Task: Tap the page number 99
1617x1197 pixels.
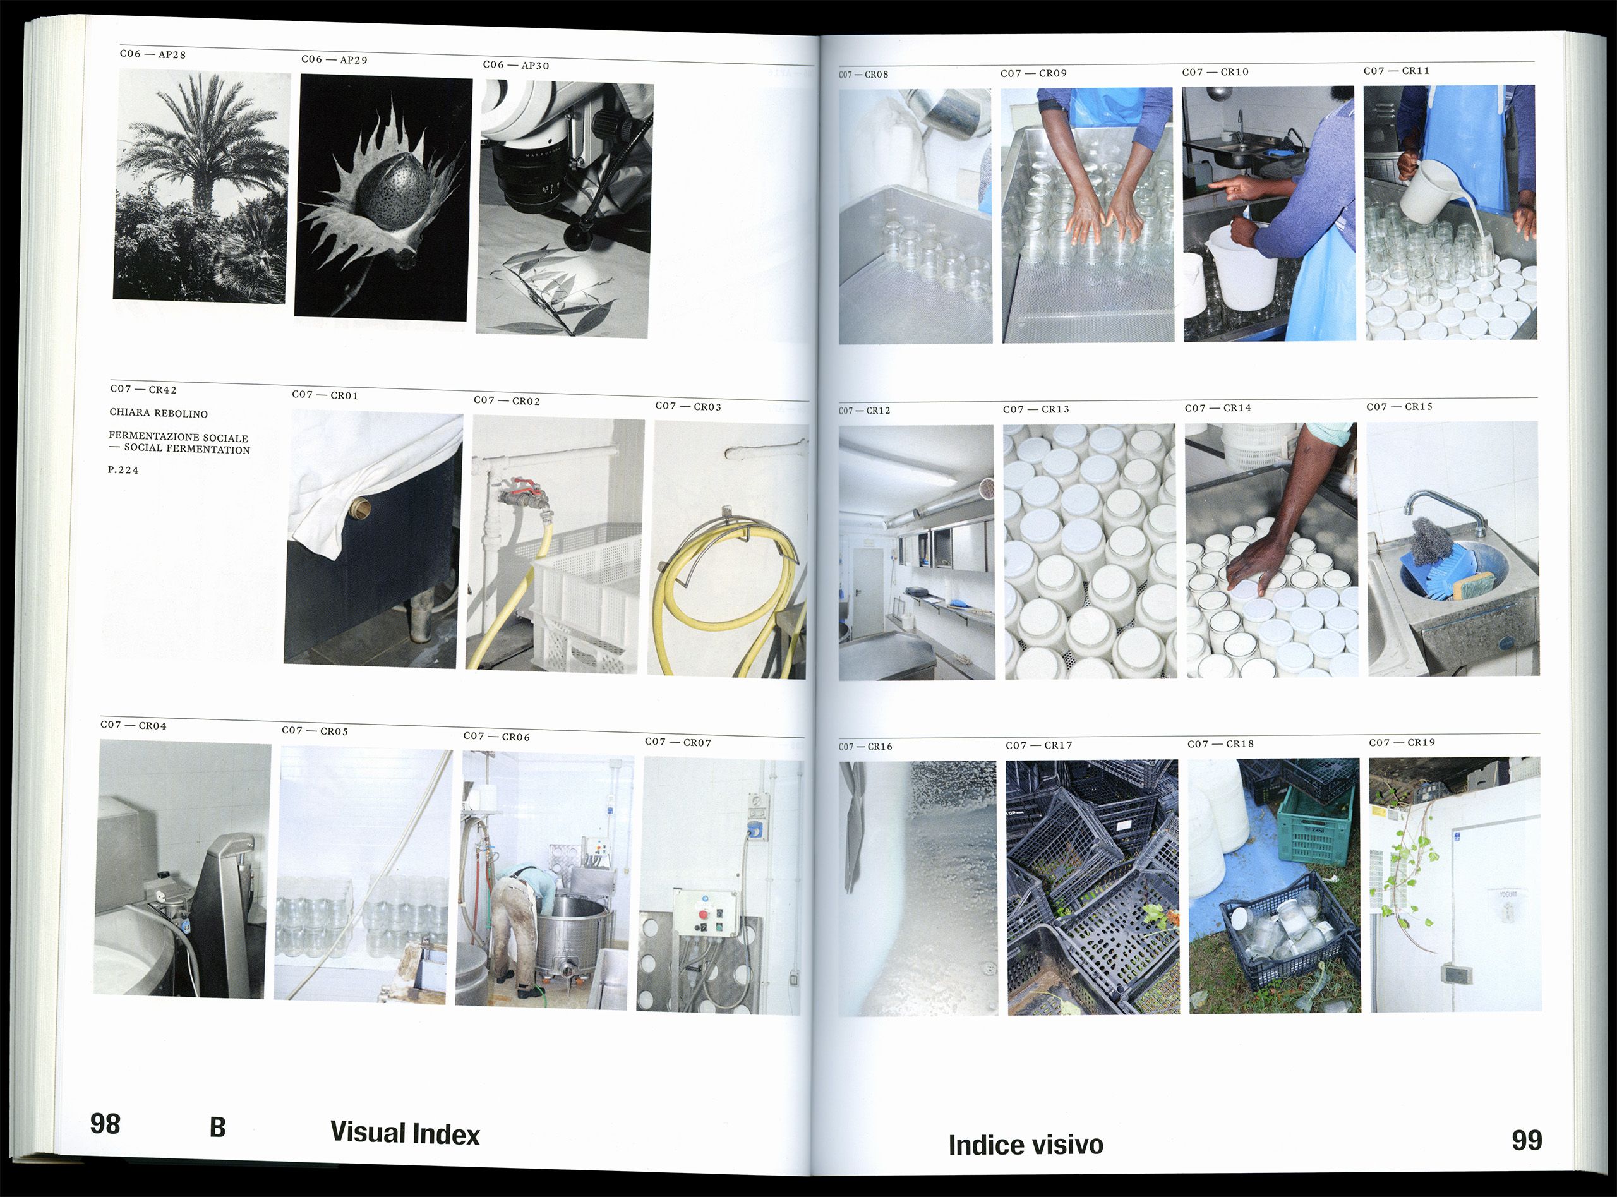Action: pyautogui.click(x=1527, y=1141)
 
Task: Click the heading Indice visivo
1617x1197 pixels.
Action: pyautogui.click(x=1026, y=1145)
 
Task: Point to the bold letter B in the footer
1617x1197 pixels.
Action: pyautogui.click(x=217, y=1128)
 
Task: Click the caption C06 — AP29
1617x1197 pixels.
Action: pyautogui.click(x=335, y=59)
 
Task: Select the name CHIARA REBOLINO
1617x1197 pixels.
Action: pyautogui.click(x=159, y=413)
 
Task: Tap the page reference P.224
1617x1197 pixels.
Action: pyautogui.click(x=123, y=469)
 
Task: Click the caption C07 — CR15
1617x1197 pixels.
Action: pyautogui.click(x=1400, y=407)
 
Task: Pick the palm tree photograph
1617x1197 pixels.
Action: pyautogui.click(x=201, y=186)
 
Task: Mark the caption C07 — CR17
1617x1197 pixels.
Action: pyautogui.click(x=1039, y=745)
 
